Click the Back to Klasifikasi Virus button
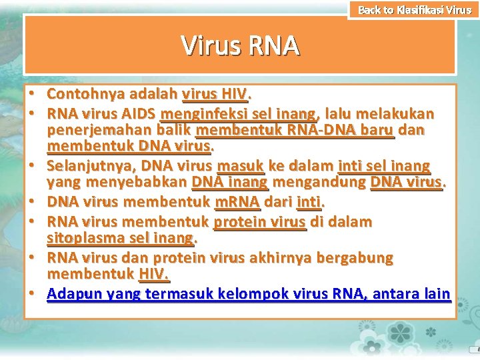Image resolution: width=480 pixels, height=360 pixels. pyautogui.click(x=414, y=10)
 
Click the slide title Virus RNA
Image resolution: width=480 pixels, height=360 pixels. pyautogui.click(x=240, y=46)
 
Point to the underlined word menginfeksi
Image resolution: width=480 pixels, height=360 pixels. pyautogui.click(x=198, y=113)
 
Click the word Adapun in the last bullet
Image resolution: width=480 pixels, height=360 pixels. pyautogui.click(x=71, y=293)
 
